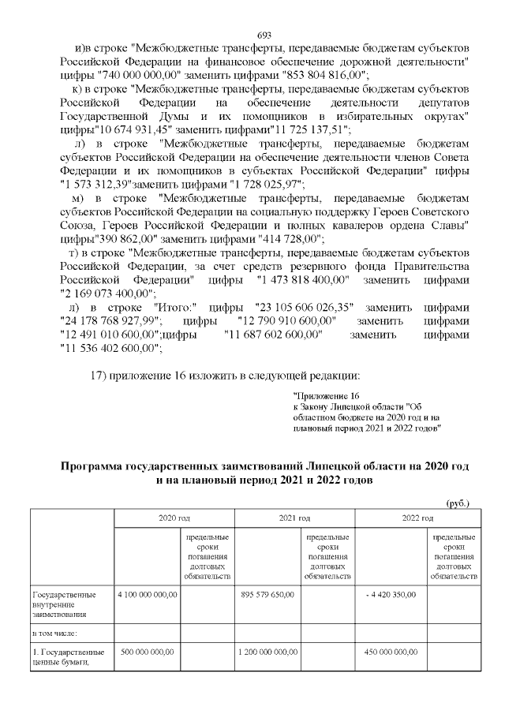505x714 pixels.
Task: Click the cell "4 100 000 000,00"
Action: pyautogui.click(x=147, y=594)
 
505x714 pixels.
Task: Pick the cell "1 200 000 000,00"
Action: pyautogui.click(x=267, y=652)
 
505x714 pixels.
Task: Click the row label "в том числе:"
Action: pyautogui.click(x=54, y=632)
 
